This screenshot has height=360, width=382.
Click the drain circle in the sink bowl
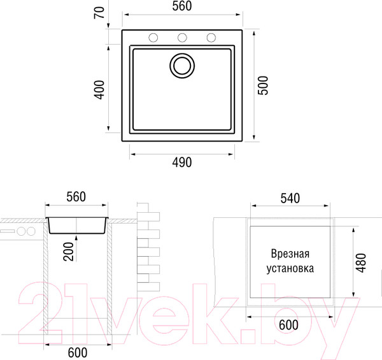coord(182,66)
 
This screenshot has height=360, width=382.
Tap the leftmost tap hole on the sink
coord(153,38)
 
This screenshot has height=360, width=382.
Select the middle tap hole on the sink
coord(182,38)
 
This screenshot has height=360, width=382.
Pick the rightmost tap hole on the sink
coord(211,38)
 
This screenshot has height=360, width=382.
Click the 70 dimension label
coord(99,13)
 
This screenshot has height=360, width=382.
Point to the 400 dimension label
coord(99,90)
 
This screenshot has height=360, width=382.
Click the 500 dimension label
coord(263,85)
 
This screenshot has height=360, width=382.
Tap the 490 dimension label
coord(182,162)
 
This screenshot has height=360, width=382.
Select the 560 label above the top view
coord(182,6)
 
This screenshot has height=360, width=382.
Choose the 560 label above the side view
coord(76,197)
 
